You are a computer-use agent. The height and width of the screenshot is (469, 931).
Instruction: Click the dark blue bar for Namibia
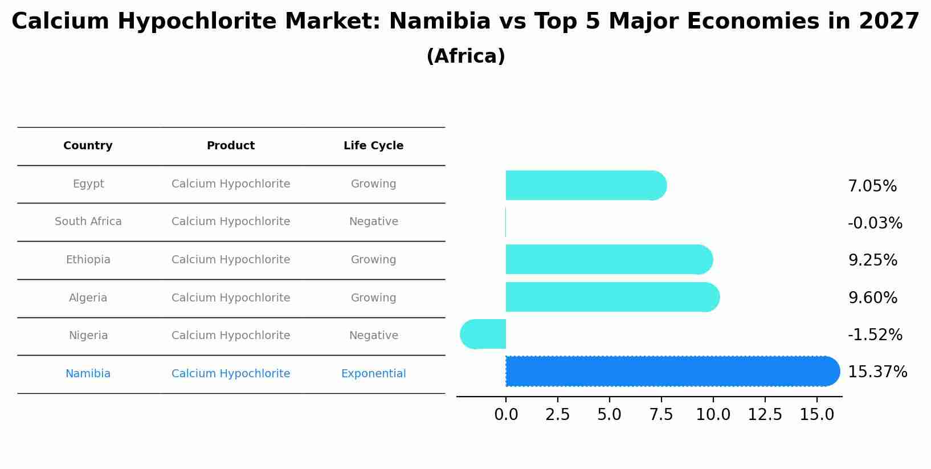coord(672,372)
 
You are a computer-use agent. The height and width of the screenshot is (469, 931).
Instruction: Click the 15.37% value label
coord(877,372)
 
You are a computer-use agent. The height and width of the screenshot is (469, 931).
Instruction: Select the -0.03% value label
coord(875,223)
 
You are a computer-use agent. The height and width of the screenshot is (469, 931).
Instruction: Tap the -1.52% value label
coord(875,335)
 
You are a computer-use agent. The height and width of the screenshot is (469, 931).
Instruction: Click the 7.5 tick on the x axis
coord(661,415)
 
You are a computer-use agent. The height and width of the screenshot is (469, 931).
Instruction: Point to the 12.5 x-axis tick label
coord(765,415)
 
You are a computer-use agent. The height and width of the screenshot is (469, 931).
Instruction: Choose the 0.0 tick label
coord(506,415)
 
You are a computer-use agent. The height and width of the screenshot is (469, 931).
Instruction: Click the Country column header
coord(88,146)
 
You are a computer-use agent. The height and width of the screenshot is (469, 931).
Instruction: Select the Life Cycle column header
coord(373,146)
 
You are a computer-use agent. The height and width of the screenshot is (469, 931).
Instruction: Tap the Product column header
coord(231,146)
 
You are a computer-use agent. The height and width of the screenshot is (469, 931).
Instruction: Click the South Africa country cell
coord(88,222)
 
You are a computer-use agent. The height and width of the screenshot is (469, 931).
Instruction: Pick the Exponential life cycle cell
coord(373,374)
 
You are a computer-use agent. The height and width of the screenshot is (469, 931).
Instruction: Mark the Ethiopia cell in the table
coord(88,260)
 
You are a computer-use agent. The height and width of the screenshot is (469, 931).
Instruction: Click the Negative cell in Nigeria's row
coord(373,336)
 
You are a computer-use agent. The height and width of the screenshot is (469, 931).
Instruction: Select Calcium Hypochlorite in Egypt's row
coord(231,184)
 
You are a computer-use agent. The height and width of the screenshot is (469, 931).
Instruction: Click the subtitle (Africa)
coord(465,56)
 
